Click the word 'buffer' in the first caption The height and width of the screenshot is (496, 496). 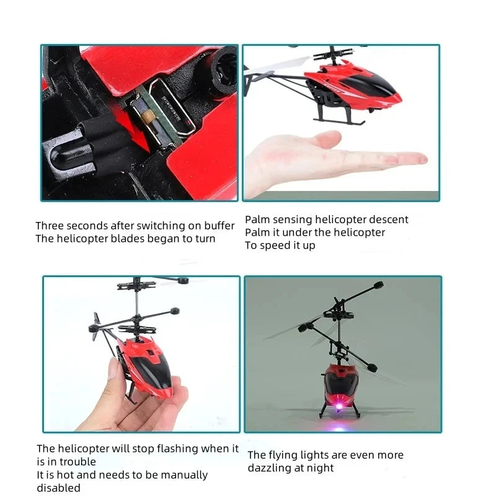pos(218,226)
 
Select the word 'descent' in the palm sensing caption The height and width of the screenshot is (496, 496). pos(389,219)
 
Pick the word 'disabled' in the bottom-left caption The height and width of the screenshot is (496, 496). pos(59,488)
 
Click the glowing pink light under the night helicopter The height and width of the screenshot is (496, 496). pos(340,406)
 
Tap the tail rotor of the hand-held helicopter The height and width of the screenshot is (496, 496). pos(98,322)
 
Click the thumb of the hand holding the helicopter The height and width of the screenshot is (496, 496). pos(116,372)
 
